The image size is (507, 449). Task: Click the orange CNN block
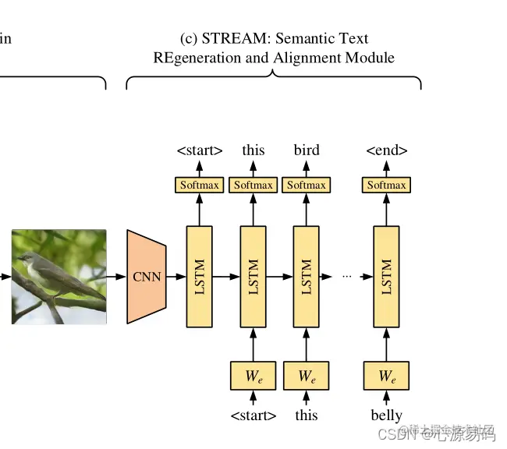[x=147, y=277]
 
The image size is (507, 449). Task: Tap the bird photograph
[x=58, y=276]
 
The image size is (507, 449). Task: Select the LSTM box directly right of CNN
[x=199, y=277]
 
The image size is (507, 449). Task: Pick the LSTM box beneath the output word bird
[x=306, y=277]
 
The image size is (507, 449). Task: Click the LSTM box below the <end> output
[x=386, y=277]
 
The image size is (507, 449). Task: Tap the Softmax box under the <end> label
[x=386, y=185]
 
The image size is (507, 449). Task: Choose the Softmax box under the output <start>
[x=199, y=185]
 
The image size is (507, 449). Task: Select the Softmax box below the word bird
[x=306, y=185]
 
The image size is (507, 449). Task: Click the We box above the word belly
[x=386, y=376]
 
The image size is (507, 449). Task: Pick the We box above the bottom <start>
[x=253, y=376]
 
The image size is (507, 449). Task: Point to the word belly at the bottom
[x=386, y=415]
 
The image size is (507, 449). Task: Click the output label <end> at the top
[x=386, y=150]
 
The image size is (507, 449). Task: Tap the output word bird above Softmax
[x=306, y=150]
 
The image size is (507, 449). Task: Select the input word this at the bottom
[x=306, y=415]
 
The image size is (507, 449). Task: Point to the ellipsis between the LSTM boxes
[x=347, y=277]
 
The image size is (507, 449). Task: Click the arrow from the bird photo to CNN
[x=116, y=276]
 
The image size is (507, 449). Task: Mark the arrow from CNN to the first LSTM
[x=176, y=276]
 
